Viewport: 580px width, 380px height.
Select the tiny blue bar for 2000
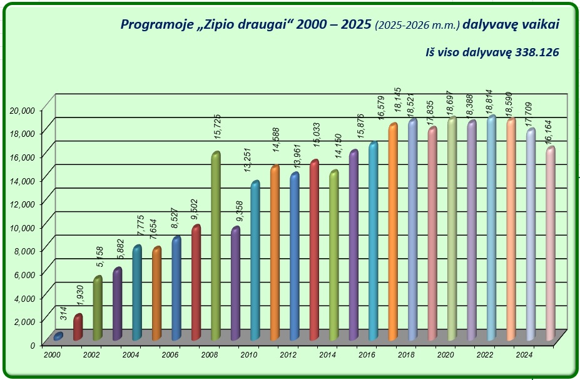(x=58, y=336)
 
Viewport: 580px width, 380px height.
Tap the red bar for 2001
(x=78, y=326)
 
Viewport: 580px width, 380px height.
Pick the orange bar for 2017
(x=392, y=231)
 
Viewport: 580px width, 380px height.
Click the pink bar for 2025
(x=549, y=244)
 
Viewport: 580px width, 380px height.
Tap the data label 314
(x=64, y=314)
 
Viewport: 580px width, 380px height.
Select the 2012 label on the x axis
(x=288, y=355)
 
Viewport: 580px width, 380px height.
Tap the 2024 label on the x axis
(x=523, y=355)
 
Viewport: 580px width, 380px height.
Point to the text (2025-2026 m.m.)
(x=416, y=26)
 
